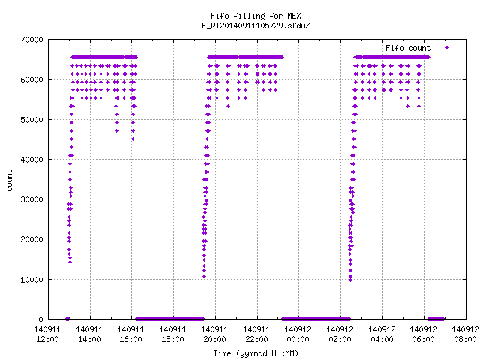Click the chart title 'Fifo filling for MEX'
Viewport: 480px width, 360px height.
(256, 16)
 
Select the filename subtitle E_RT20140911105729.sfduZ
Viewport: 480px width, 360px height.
(256, 25)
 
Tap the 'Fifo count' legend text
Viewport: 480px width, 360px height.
(408, 48)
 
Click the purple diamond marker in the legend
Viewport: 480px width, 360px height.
(447, 48)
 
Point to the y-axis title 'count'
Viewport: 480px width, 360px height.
(10, 181)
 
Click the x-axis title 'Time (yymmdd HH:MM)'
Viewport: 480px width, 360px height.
(256, 353)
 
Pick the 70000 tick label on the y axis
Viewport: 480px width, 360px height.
(31, 40)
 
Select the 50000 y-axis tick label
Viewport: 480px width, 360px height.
(31, 120)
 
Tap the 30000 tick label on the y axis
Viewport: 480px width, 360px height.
(31, 199)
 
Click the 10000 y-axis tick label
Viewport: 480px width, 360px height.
(31, 280)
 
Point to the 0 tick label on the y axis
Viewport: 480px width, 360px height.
(40, 319)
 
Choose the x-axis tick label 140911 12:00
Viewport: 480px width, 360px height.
(47, 334)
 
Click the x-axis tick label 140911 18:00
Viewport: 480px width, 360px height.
(172, 334)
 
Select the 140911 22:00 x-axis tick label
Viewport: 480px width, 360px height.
(256, 334)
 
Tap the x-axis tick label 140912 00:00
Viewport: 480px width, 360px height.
(298, 334)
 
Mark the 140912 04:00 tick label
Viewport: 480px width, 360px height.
(382, 334)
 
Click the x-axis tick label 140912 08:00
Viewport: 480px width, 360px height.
(465, 334)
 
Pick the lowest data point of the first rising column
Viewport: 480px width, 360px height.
(70, 262)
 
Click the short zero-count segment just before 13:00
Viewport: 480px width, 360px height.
(67, 319)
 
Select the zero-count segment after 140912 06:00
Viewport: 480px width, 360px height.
(436, 319)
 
